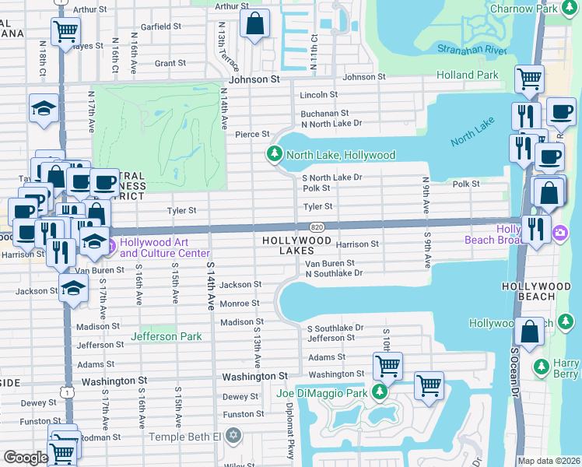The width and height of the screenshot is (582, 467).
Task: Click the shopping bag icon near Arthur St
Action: coord(254,24)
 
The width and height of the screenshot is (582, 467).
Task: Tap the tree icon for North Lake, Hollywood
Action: coord(274,154)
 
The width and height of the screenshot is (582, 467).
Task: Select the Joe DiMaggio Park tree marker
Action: coord(380,392)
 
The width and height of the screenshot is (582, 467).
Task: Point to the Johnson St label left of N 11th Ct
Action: coord(254,79)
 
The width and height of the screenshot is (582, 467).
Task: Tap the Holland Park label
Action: coord(468,75)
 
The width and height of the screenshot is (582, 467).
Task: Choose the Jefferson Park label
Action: coord(167,336)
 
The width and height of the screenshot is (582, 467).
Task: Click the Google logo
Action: coord(26,458)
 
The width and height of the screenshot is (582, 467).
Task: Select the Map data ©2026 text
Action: coord(549,461)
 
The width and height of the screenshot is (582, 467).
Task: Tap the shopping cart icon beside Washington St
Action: coord(387,365)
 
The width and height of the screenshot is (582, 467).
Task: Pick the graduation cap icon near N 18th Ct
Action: coord(44,109)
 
